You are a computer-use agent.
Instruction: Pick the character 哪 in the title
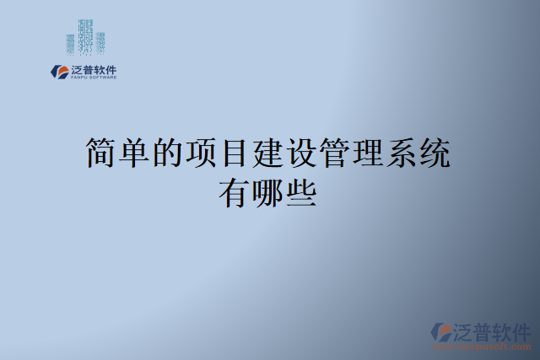point(268,193)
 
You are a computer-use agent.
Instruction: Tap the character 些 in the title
point(301,193)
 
